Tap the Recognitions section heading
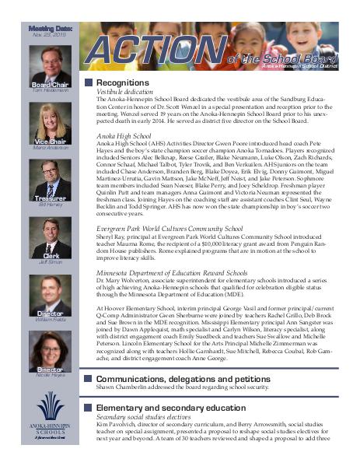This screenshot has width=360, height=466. click(123, 82)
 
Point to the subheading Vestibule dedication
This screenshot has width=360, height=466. click(125, 92)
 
